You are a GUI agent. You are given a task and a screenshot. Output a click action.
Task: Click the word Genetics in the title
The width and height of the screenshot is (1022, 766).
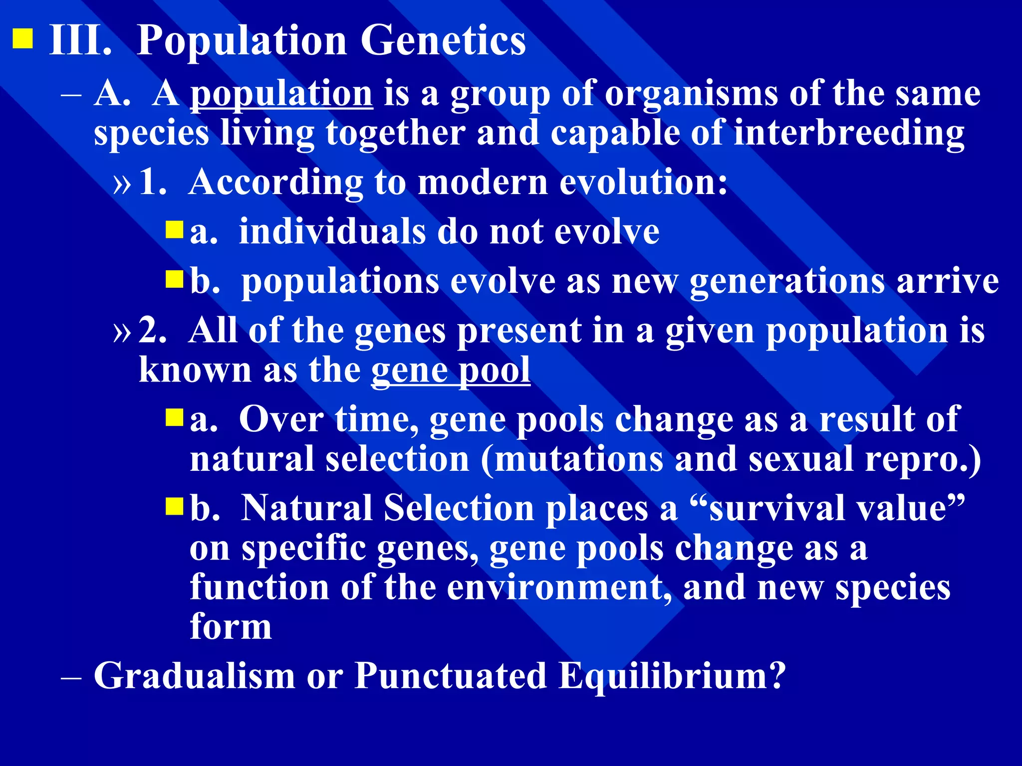point(443,41)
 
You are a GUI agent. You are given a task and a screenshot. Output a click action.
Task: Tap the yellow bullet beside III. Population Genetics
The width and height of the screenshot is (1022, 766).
point(22,39)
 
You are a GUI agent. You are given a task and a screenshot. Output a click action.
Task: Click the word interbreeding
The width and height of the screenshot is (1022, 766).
point(849,134)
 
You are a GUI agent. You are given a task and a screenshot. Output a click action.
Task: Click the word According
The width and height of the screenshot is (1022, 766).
point(276,183)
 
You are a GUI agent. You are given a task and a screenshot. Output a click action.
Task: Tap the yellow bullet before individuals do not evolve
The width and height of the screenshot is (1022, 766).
point(175,230)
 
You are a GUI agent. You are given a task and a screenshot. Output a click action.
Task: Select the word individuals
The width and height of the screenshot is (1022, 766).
point(332,232)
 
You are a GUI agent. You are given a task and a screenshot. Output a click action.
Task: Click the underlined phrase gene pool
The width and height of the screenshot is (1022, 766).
point(450,371)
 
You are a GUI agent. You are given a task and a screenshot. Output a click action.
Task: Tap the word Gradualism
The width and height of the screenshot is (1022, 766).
point(195,676)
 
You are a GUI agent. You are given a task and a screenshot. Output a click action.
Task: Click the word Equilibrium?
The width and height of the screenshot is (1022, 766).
point(672,677)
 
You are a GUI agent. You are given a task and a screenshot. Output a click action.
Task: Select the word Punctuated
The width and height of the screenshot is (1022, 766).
point(450,676)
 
